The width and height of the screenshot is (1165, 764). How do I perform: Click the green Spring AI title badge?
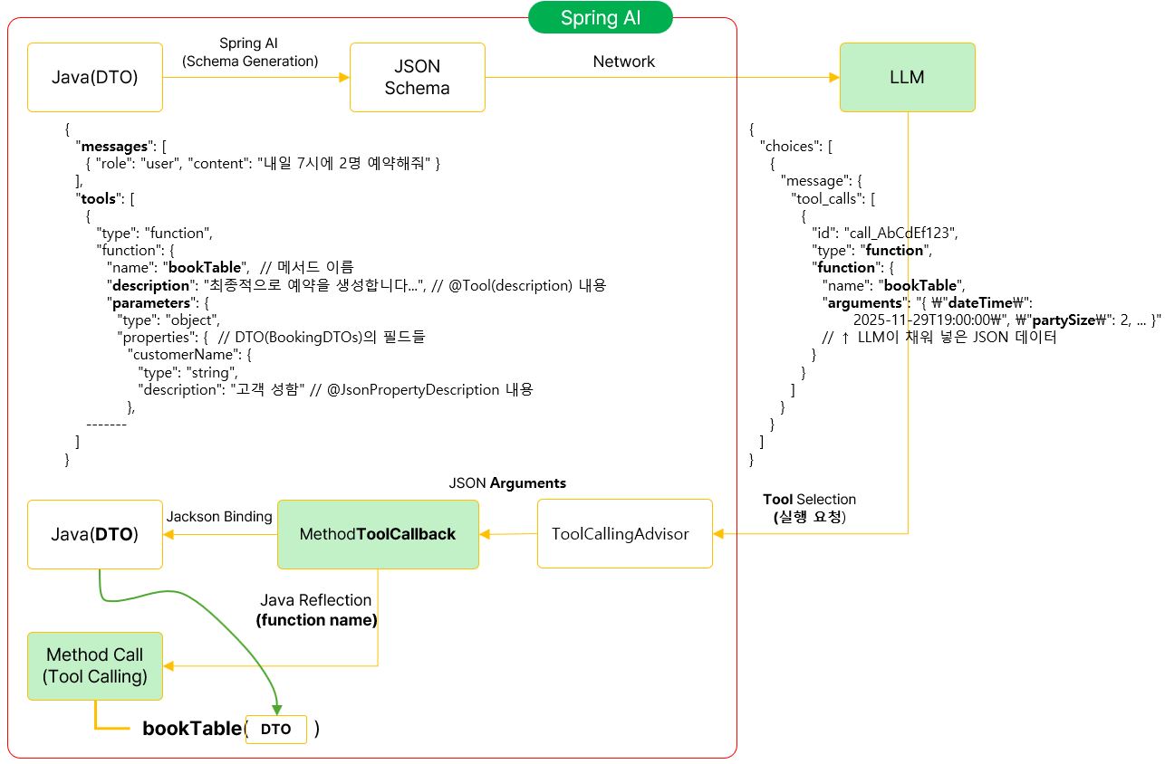(x=601, y=18)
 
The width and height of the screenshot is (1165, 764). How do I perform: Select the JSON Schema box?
(x=418, y=78)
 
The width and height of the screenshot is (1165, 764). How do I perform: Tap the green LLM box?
(x=908, y=78)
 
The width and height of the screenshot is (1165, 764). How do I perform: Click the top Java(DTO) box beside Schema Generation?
(x=95, y=78)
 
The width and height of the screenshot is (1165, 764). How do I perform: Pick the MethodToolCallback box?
(x=378, y=534)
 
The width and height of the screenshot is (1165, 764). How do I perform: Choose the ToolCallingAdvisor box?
(x=625, y=534)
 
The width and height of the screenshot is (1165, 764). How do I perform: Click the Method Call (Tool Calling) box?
(x=95, y=666)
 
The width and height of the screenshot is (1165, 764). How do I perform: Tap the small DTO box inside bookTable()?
(x=276, y=730)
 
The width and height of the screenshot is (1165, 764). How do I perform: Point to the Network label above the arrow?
(x=623, y=62)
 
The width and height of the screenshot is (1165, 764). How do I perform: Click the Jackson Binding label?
(x=219, y=517)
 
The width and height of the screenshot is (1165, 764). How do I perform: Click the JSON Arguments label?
(x=507, y=483)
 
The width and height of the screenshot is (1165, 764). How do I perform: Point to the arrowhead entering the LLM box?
(x=834, y=78)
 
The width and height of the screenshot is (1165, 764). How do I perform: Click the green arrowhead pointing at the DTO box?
(x=276, y=710)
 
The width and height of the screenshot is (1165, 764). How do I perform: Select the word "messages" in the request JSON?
(x=114, y=147)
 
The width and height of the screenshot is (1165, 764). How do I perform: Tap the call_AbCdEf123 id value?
(x=900, y=233)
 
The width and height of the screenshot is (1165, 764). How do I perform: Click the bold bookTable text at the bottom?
(x=192, y=729)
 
